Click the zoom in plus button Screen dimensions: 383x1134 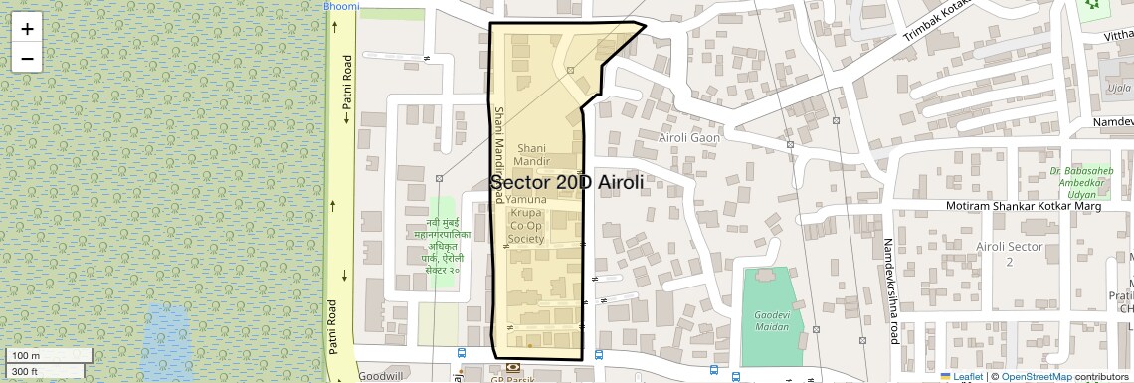pyautogui.click(x=27, y=28)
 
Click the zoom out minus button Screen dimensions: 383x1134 pyautogui.click(x=27, y=58)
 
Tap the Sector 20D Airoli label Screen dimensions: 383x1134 pyautogui.click(x=567, y=183)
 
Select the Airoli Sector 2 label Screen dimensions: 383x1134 pyautogui.click(x=1009, y=254)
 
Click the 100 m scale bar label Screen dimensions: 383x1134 pyautogui.click(x=26, y=356)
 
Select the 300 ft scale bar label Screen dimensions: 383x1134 pyautogui.click(x=26, y=372)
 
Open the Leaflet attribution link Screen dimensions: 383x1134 pyautogui.click(x=967, y=376)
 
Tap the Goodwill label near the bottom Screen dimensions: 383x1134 pyautogui.click(x=380, y=377)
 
